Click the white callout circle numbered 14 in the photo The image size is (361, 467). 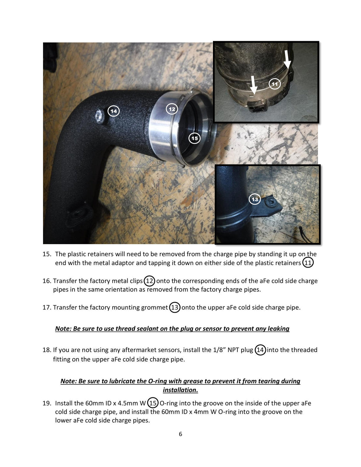[x=113, y=111]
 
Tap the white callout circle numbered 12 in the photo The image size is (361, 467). [x=172, y=109]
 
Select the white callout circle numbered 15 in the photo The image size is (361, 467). [x=194, y=138]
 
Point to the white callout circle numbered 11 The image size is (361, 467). [x=275, y=84]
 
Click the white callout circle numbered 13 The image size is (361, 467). [x=255, y=199]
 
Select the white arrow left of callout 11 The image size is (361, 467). [x=254, y=85]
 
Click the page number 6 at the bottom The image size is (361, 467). [x=180, y=434]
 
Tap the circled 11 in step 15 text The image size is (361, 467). [x=308, y=263]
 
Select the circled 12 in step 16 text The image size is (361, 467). [x=150, y=281]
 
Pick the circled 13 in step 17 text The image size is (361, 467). [x=174, y=307]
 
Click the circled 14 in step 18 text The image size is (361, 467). [x=260, y=350]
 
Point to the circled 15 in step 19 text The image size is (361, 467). [x=153, y=403]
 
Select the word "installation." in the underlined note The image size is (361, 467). [x=180, y=390]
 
